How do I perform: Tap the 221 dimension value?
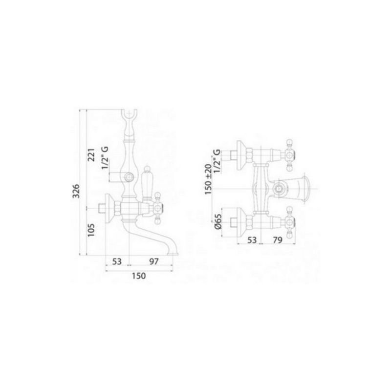(92, 155)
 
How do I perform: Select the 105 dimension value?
(91, 230)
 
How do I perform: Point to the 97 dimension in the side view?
(154, 261)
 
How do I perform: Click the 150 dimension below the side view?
(139, 276)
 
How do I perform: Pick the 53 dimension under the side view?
(117, 261)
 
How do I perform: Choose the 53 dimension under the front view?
(252, 240)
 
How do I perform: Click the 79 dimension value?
(278, 240)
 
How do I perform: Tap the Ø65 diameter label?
(218, 221)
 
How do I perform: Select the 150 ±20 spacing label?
(208, 179)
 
